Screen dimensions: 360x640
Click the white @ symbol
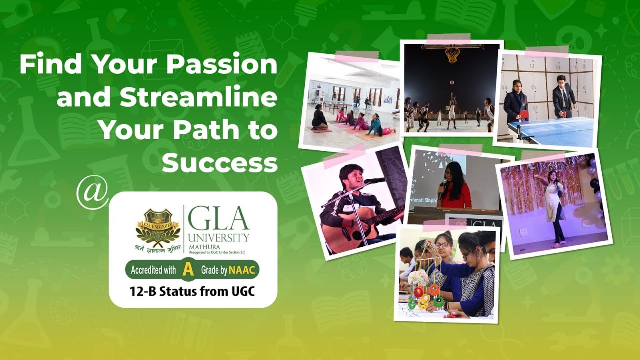point(92,192)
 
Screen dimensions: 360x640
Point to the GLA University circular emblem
point(158,227)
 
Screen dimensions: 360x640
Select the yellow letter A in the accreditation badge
point(188,270)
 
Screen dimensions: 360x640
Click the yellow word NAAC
point(242,270)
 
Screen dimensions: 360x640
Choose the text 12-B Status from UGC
point(193,291)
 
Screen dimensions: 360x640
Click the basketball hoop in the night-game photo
point(453,54)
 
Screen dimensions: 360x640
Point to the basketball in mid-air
point(452,82)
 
